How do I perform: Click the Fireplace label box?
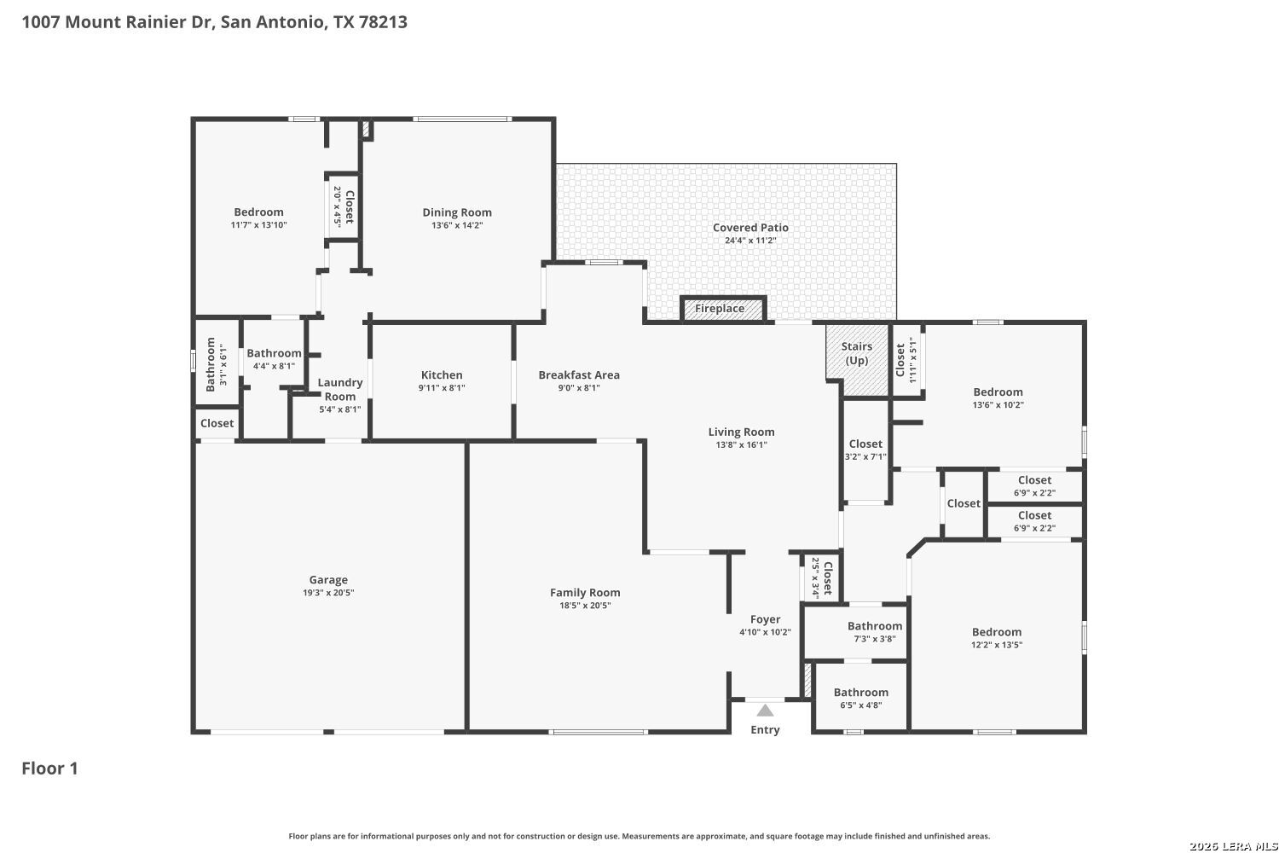(x=723, y=309)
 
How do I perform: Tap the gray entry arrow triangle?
(x=765, y=711)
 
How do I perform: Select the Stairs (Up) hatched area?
(x=857, y=359)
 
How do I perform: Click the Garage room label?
(x=328, y=580)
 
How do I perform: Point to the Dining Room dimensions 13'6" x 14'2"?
(x=457, y=225)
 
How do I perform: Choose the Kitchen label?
(x=442, y=374)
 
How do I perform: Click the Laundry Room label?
(x=340, y=389)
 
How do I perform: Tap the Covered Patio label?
(x=751, y=228)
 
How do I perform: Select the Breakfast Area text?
(x=579, y=374)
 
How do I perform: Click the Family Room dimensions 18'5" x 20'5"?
(x=585, y=606)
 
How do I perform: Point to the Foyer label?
(x=765, y=619)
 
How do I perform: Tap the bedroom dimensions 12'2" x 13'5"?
(x=997, y=645)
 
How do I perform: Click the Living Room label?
(x=742, y=432)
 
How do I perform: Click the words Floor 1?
(x=49, y=769)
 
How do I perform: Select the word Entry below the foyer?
(x=765, y=729)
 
